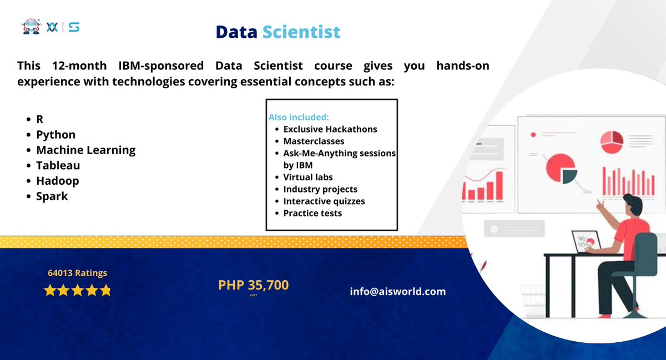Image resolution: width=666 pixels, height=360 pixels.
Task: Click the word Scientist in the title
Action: pyautogui.click(x=301, y=32)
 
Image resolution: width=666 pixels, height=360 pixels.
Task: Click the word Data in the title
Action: pyautogui.click(x=236, y=32)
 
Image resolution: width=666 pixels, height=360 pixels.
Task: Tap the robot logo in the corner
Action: pyautogui.click(x=31, y=26)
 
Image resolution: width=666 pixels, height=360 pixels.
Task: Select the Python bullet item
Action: pyautogui.click(x=56, y=135)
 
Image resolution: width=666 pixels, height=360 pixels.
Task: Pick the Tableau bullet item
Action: pyautogui.click(x=58, y=165)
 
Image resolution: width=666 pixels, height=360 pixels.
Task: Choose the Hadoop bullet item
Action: pyautogui.click(x=57, y=181)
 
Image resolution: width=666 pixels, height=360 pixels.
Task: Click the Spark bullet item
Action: pyautogui.click(x=52, y=196)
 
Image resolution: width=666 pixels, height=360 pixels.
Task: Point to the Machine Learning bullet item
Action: pyautogui.click(x=85, y=150)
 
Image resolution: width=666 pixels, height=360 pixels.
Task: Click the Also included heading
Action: pyautogui.click(x=299, y=118)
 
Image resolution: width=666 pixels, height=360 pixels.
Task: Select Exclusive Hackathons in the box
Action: pyautogui.click(x=330, y=129)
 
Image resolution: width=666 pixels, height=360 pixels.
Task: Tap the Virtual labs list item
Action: pyautogui.click(x=307, y=177)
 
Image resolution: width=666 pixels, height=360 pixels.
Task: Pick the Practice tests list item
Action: pyautogui.click(x=312, y=213)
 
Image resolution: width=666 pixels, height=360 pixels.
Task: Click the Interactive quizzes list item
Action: pyautogui.click(x=324, y=201)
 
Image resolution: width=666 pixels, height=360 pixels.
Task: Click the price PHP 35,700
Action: pyautogui.click(x=253, y=285)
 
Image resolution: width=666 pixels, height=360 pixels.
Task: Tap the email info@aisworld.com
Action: pyautogui.click(x=397, y=291)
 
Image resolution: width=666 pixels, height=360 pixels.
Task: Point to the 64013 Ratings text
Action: pyautogui.click(x=77, y=273)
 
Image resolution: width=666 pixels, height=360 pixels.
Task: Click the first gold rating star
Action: pyautogui.click(x=50, y=291)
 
